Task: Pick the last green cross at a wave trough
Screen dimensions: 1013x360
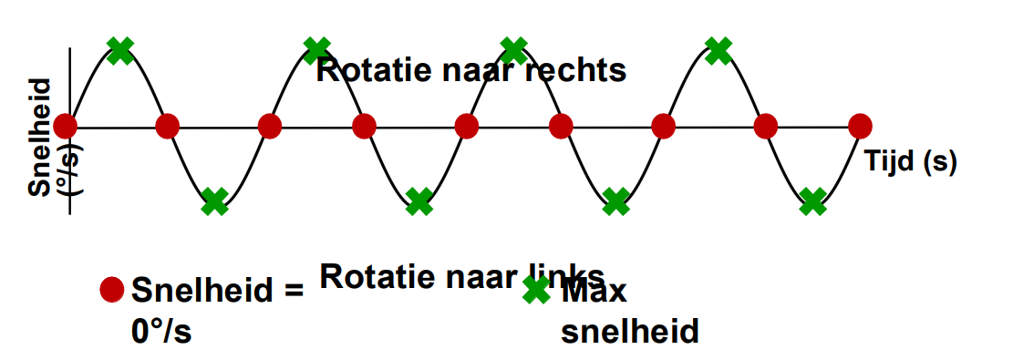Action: coord(811,201)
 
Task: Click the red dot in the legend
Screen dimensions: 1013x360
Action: coord(111,290)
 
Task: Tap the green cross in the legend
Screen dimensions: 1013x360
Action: coord(536,290)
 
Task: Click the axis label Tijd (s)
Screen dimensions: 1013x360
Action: coord(911,161)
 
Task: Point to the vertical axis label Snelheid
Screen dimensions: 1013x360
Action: coord(40,137)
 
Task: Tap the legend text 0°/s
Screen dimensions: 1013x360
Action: coord(162,328)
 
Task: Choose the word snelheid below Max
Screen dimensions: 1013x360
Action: coord(629,329)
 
